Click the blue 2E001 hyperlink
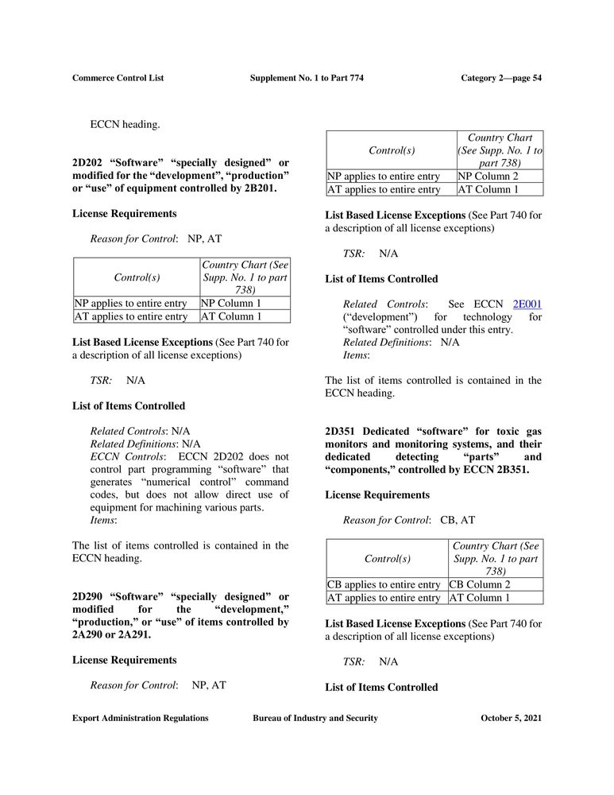527,304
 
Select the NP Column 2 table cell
500,176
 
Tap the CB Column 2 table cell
495,584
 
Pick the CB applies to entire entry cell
384,584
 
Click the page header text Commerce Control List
118,78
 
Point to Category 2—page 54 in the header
501,78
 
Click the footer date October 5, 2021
511,718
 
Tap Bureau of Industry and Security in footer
315,718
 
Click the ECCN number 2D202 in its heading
88,163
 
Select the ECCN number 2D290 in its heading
88,596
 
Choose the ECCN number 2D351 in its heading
341,432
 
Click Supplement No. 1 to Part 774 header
307,78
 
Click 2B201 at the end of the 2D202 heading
258,188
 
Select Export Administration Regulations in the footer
140,718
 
